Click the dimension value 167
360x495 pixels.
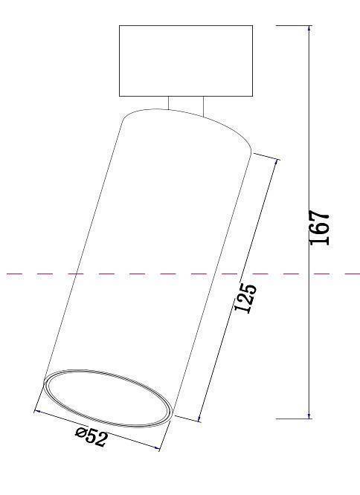click(319, 228)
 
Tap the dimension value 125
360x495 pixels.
click(246, 297)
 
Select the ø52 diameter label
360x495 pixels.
click(91, 438)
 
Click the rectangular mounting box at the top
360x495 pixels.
click(185, 61)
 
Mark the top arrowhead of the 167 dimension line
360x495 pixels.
click(309, 29)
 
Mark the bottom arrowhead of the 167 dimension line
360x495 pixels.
click(309, 415)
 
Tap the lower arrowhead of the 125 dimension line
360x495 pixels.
click(200, 417)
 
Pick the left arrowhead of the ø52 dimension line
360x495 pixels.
click(38, 411)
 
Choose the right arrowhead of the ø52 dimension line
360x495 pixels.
click(158, 448)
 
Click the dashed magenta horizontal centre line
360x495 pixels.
click(45, 274)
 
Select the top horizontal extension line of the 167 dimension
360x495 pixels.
click(294, 25)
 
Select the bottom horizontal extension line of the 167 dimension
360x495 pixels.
click(294, 418)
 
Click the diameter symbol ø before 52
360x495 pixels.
click(80, 434)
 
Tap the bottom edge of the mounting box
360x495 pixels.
click(185, 97)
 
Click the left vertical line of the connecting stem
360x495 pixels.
click(168, 103)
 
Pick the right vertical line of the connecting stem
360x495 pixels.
click(202, 106)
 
